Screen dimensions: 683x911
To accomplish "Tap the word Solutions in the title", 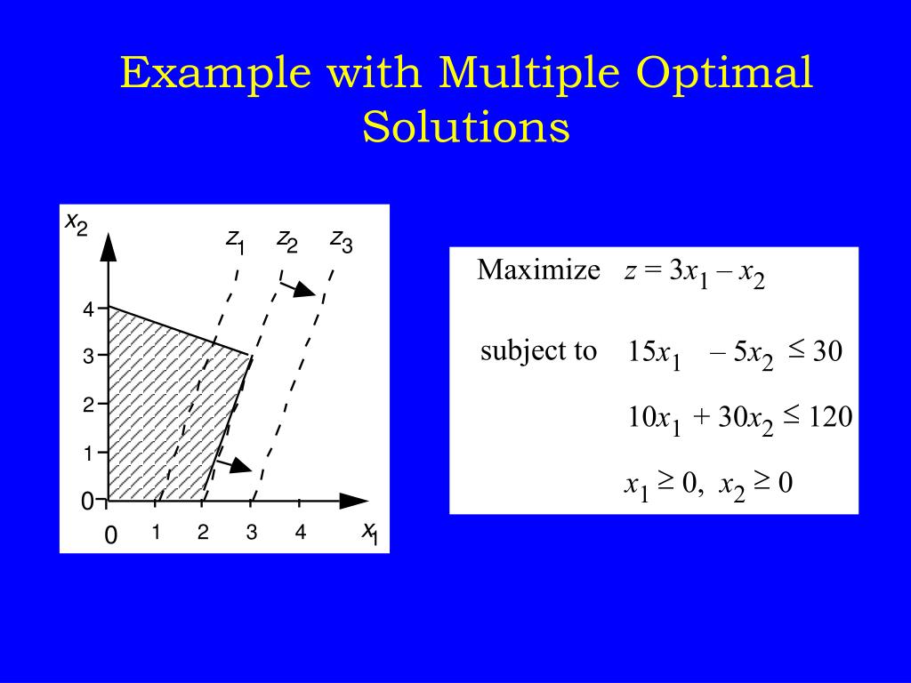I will click(465, 127).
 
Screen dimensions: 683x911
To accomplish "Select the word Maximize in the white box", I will click(538, 270).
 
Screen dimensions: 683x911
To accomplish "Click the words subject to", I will click(538, 351).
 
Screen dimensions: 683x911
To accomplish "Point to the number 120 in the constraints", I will click(830, 416).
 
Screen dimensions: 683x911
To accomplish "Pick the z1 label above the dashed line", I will click(235, 241).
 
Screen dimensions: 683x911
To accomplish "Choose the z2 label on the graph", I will click(286, 240).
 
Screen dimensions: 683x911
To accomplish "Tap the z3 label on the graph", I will click(341, 241).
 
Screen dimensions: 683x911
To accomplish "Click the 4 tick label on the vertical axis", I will click(88, 310).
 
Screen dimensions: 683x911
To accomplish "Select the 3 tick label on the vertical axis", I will click(88, 358).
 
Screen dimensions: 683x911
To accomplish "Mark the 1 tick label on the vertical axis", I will click(88, 454).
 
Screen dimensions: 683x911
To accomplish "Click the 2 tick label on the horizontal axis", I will click(204, 534).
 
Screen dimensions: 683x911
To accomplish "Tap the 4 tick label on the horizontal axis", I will click(301, 534).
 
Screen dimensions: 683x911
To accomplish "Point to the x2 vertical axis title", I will click(77, 223).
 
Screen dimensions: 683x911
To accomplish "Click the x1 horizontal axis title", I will click(370, 532).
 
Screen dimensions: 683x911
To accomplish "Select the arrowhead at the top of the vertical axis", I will click(109, 245).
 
